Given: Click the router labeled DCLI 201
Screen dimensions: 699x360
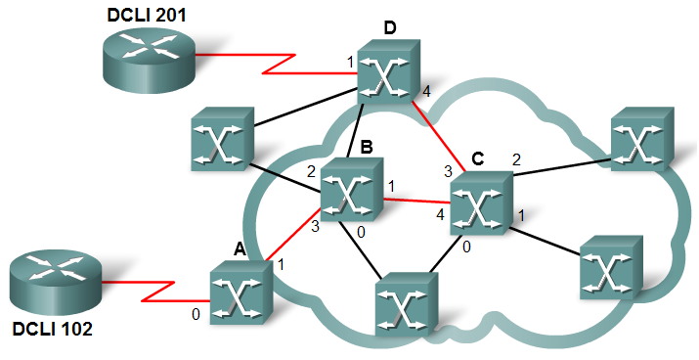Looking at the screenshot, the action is click(x=149, y=60).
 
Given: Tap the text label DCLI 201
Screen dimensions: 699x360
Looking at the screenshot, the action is click(x=147, y=15).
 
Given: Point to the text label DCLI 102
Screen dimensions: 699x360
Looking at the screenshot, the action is click(x=53, y=330).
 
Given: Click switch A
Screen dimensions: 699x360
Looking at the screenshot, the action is click(x=241, y=292).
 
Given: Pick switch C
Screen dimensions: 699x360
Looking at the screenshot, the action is click(x=481, y=202).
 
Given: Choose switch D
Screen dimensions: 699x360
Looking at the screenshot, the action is click(x=389, y=71).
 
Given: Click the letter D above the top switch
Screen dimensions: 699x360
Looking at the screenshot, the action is click(x=390, y=28).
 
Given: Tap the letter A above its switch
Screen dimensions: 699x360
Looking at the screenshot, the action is click(x=240, y=250).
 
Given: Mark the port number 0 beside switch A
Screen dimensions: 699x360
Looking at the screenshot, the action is click(x=196, y=315).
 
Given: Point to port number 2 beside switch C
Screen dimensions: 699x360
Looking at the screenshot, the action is click(x=516, y=160).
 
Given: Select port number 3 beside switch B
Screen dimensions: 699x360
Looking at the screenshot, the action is click(x=315, y=227).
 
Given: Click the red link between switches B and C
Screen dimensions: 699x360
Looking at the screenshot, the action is click(x=417, y=201).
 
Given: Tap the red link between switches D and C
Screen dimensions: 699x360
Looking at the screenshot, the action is click(x=439, y=136).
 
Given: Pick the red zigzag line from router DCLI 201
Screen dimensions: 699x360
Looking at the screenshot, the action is click(x=277, y=64).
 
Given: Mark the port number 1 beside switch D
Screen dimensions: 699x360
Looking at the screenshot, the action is click(x=350, y=62).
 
